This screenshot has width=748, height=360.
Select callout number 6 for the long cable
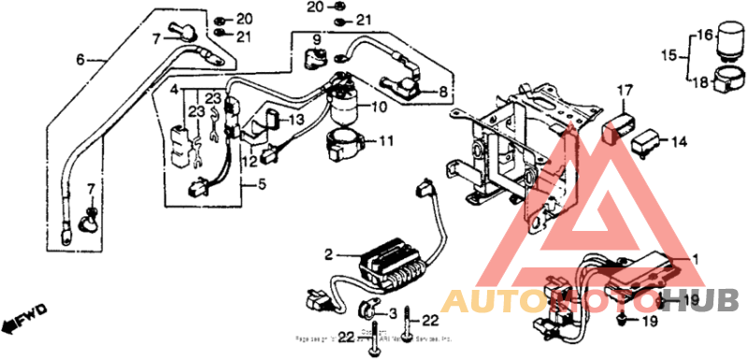click(x=80, y=60)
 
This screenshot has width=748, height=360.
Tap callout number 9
click(x=316, y=39)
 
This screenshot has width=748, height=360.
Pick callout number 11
click(x=385, y=142)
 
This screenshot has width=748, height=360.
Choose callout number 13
click(x=296, y=121)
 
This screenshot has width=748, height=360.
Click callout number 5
click(x=262, y=186)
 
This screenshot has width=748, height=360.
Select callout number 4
click(x=173, y=90)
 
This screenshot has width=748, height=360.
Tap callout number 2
click(x=328, y=254)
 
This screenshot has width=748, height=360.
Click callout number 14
click(x=679, y=141)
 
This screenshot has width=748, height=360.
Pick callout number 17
click(x=623, y=91)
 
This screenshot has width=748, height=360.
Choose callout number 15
click(x=669, y=55)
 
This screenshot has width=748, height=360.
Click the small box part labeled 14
click(x=648, y=143)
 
